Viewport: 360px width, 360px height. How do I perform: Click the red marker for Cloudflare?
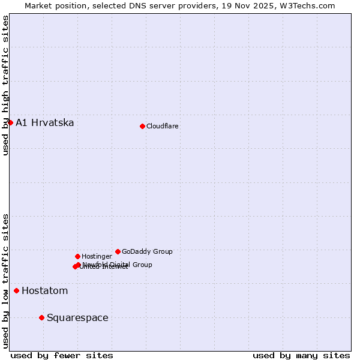(x=142, y=126)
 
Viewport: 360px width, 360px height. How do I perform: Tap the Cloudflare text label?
(x=162, y=127)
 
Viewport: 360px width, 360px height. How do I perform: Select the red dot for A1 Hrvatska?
(x=10, y=122)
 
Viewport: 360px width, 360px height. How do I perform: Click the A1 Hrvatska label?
(x=45, y=123)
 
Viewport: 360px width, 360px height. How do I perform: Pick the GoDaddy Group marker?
(x=118, y=251)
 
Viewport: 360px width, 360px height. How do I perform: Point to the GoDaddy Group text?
(x=147, y=252)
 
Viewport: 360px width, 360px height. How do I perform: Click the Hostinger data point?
(x=77, y=256)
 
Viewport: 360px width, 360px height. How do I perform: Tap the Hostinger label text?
(x=97, y=257)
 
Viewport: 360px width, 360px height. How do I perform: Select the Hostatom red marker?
(x=16, y=291)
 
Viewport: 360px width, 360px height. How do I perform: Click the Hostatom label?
(x=44, y=291)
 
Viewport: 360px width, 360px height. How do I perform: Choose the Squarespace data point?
(x=41, y=317)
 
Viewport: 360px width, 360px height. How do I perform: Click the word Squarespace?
(x=77, y=318)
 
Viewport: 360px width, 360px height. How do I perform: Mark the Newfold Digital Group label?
(x=117, y=264)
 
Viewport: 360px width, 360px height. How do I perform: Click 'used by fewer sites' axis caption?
(x=62, y=356)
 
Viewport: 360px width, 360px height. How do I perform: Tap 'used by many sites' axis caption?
(x=301, y=356)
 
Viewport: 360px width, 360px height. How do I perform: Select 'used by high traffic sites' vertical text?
(x=5, y=85)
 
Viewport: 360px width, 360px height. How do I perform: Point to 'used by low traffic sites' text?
(x=5, y=281)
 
